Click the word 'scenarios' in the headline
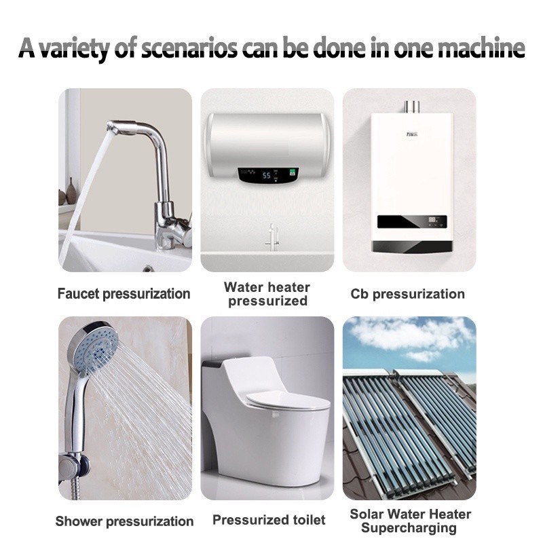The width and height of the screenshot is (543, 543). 189,48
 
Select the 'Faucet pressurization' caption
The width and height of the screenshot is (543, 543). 124,294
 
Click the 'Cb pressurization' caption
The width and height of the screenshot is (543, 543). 408,294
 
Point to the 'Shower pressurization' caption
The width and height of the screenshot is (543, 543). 124,521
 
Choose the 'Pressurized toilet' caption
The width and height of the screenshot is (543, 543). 269,520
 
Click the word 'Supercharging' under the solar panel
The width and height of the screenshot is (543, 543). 409,528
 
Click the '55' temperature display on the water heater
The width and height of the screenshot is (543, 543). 266,176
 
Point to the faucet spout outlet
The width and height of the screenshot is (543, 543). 117,128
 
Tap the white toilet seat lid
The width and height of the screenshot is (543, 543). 288,402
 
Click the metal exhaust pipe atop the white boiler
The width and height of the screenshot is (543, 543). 412,107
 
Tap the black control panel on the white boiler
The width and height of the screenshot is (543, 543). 412,222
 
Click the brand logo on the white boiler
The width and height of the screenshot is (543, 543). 412,134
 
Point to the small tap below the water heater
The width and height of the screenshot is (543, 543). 272,237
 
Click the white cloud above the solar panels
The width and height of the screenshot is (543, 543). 409,333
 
